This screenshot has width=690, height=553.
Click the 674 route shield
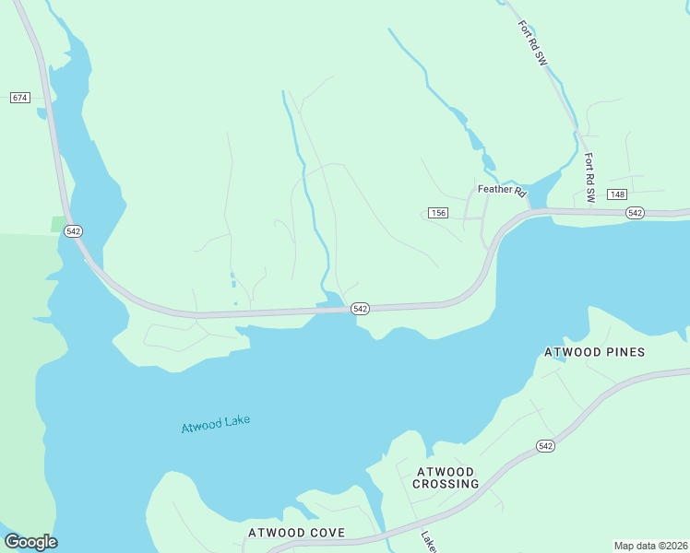[x=20, y=97]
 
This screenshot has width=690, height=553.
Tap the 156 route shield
[x=438, y=213]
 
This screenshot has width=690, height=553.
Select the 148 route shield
[x=617, y=194]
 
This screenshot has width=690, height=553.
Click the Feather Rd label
[x=501, y=191]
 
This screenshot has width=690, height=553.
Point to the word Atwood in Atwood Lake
[x=200, y=427]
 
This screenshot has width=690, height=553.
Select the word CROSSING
[x=446, y=484]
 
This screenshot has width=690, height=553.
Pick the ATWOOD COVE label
[x=296, y=533]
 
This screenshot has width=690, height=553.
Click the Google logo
[x=30, y=542]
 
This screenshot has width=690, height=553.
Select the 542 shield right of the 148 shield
[x=635, y=213]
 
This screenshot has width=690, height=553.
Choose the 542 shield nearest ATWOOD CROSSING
[x=546, y=446]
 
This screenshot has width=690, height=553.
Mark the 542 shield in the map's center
[x=361, y=309]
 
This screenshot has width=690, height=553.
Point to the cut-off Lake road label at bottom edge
[x=428, y=541]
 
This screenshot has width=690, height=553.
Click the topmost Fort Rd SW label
[x=533, y=42]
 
